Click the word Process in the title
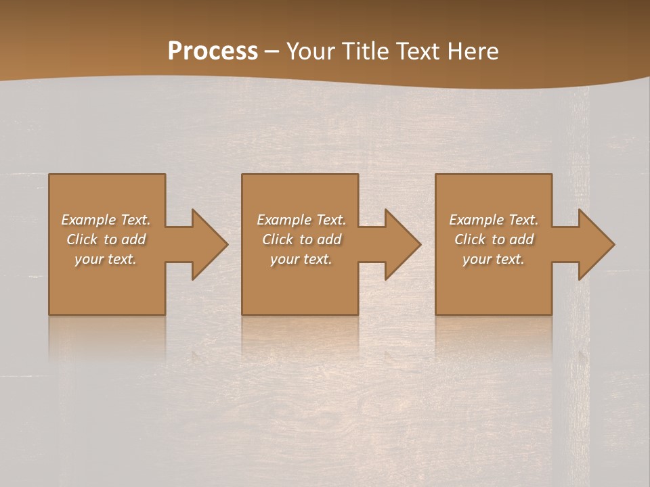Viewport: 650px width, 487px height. coord(213,51)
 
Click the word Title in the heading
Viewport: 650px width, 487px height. coord(364,51)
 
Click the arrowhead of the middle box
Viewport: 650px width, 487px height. coord(402,244)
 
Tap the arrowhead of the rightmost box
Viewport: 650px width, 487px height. coord(596,244)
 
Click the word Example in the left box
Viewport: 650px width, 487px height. coord(88,220)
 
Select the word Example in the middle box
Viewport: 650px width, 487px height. coord(284,220)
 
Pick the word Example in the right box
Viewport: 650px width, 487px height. coord(476,220)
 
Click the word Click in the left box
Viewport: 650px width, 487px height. coord(82,239)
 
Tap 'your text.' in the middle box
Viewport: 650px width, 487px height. coord(301,259)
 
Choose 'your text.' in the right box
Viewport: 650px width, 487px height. coord(493,259)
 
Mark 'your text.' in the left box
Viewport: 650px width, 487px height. coord(106,259)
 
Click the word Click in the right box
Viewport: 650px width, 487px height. coord(470,239)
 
